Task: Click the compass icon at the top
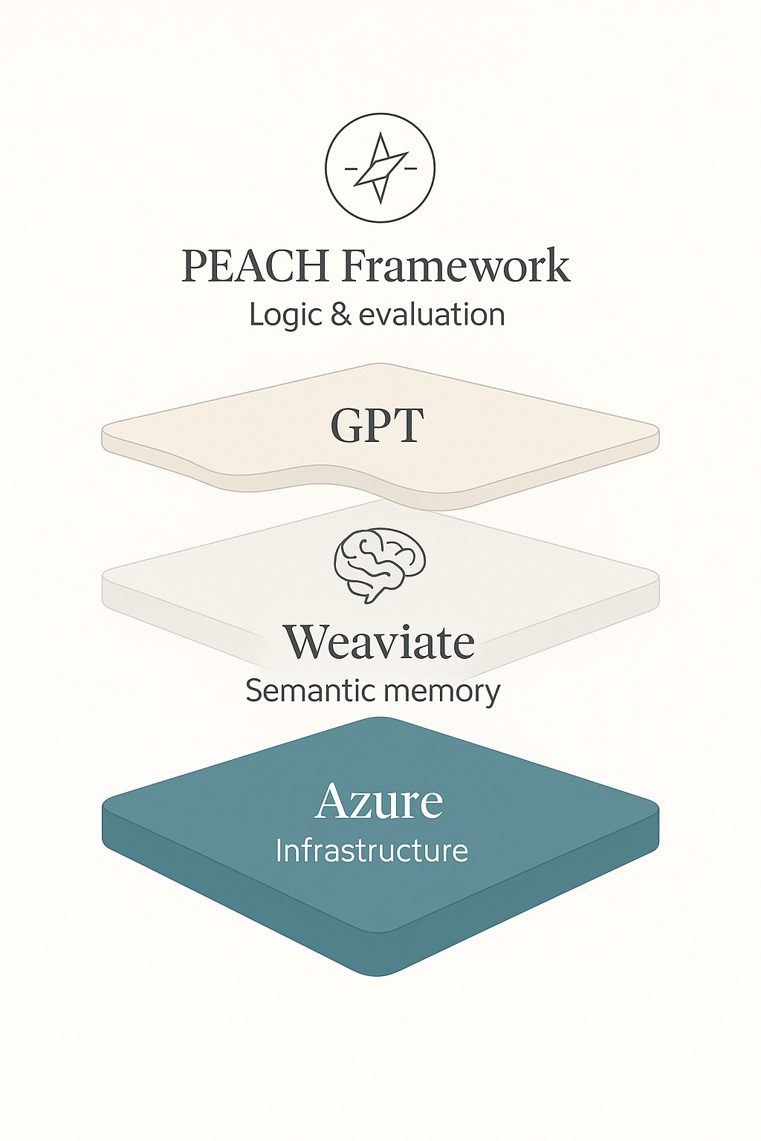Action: click(380, 168)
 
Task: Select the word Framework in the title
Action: click(455, 266)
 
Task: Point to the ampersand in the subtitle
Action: click(341, 314)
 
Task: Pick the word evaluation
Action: click(432, 314)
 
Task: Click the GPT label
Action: click(377, 426)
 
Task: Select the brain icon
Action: click(380, 563)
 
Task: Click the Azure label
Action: click(379, 802)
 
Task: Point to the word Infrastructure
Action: click(372, 851)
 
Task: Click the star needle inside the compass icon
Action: click(380, 168)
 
